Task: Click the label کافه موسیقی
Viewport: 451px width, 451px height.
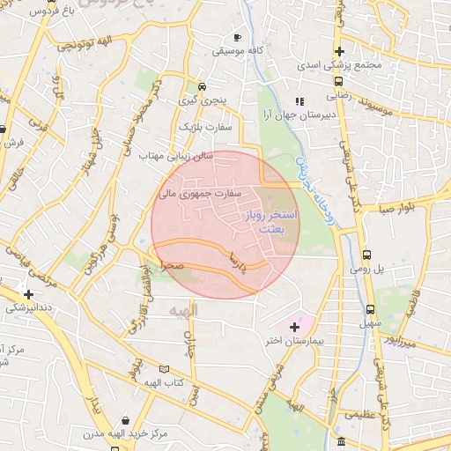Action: tap(238, 51)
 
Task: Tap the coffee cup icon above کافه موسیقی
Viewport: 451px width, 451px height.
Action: tap(237, 37)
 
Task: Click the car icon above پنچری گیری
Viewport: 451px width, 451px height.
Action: tap(203, 87)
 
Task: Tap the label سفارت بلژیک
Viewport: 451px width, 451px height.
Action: tap(205, 128)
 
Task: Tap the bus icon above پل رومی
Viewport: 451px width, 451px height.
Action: tap(366, 251)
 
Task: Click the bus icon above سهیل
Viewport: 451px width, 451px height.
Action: tap(370, 310)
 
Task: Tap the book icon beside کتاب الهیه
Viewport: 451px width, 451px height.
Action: tap(164, 370)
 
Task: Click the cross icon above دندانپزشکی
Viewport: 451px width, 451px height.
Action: tap(29, 294)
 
